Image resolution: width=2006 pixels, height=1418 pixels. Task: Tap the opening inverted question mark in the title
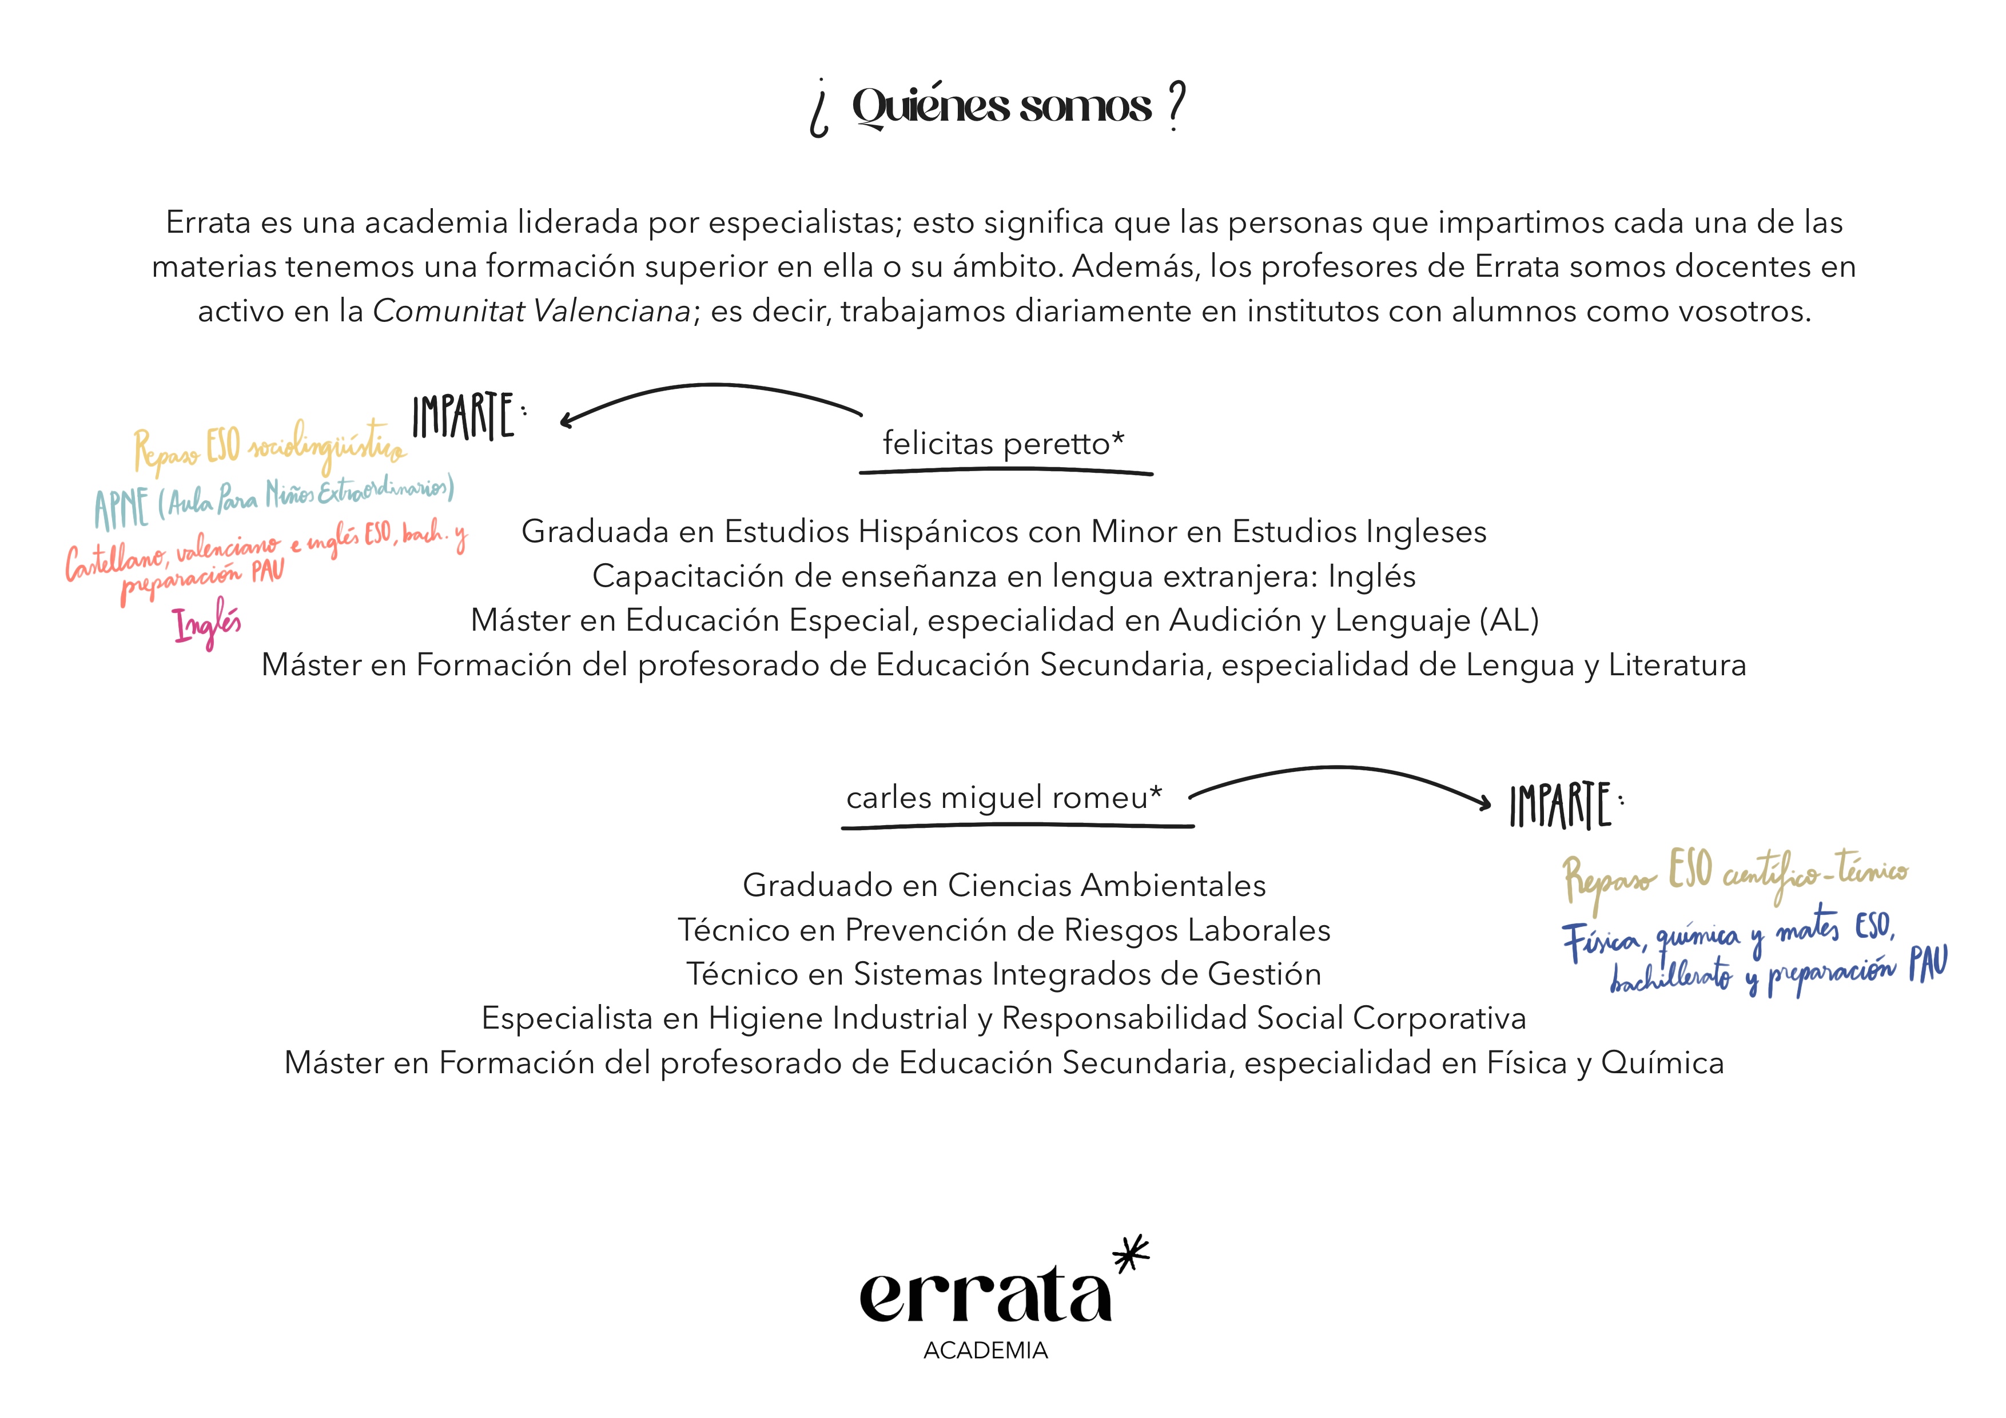click(819, 109)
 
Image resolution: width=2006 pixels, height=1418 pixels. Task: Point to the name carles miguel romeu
click(1003, 798)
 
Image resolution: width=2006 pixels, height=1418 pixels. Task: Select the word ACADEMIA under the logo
click(985, 1351)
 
